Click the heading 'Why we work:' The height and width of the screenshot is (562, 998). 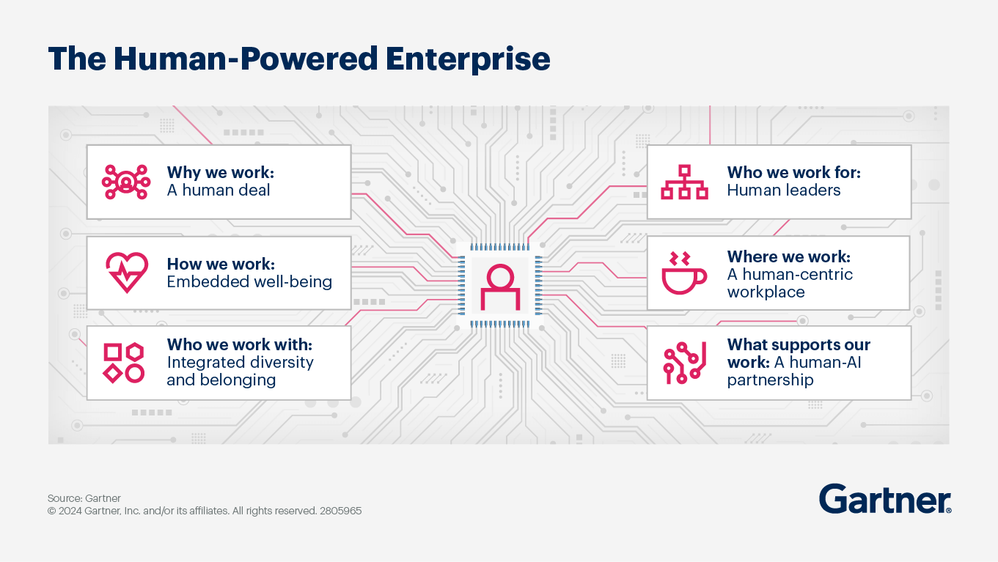(220, 172)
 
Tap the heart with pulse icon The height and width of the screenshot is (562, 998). (126, 273)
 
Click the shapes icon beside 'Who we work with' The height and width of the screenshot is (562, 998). (123, 363)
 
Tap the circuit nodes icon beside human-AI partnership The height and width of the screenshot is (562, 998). (684, 363)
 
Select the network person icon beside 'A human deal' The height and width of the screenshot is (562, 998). (126, 182)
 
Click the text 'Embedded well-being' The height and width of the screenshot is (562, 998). (249, 281)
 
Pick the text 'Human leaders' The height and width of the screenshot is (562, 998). (783, 191)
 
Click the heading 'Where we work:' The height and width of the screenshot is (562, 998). (788, 256)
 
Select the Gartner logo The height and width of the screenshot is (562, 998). (884, 500)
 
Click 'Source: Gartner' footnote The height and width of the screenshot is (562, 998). (84, 498)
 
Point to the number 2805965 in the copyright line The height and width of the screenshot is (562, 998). (341, 511)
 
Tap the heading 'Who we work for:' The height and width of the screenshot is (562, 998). (793, 172)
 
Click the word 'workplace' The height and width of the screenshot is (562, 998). (766, 292)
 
